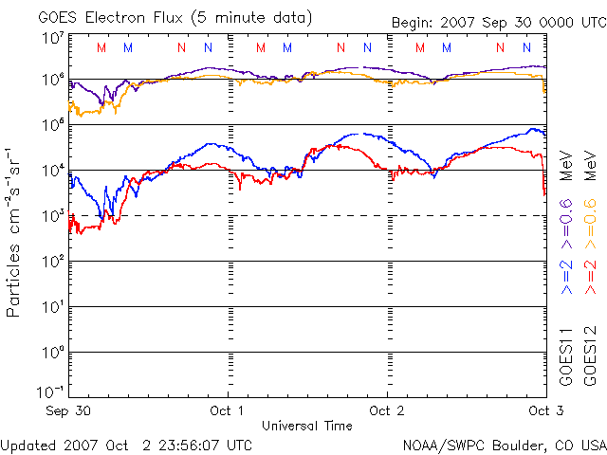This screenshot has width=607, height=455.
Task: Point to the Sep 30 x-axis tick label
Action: point(67,410)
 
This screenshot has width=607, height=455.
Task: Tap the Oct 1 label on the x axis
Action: point(228,410)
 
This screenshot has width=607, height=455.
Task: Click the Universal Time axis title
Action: point(306,426)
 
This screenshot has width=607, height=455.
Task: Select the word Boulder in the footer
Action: point(511,444)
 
